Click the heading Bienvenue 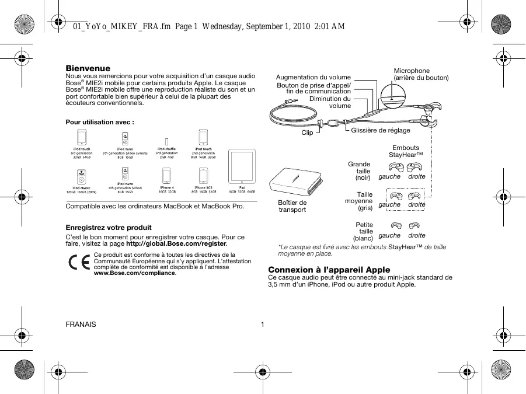coord(88,69)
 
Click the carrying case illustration coord(293,183)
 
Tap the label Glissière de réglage coord(381,130)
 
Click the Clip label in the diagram coord(307,133)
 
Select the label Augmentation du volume coord(313,77)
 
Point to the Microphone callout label coord(412,71)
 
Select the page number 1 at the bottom coord(263,325)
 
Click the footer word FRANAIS coord(81,325)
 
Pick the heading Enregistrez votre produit coord(109,227)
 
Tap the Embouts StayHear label coord(406,151)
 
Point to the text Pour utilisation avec coord(100,123)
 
